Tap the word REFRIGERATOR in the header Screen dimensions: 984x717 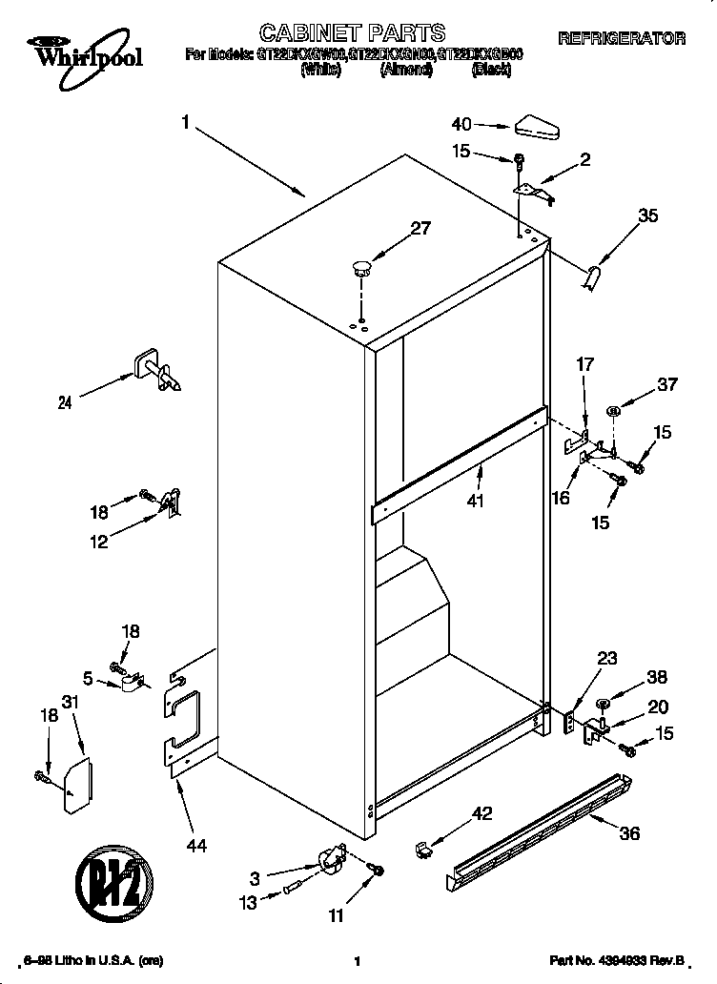tap(621, 39)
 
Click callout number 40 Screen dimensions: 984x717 tap(461, 124)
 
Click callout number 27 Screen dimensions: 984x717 tap(420, 228)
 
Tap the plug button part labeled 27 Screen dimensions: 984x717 tap(360, 266)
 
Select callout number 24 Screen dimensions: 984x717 tap(65, 402)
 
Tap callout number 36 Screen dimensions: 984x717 tap(628, 833)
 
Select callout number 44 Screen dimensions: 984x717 tap(196, 844)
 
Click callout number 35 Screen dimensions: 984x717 tap(647, 216)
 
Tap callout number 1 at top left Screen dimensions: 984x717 tap(186, 122)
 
